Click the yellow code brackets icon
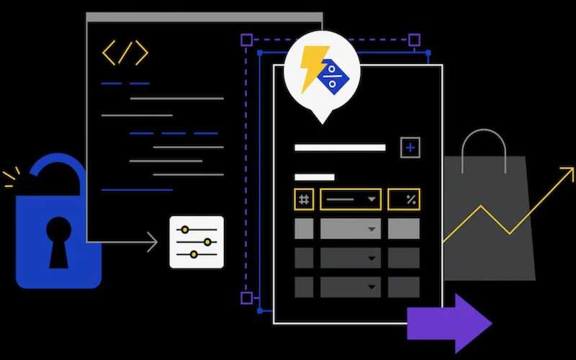[x=125, y=53]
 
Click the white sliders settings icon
[x=197, y=242]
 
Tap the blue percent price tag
[x=333, y=74]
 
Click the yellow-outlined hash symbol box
[x=304, y=199]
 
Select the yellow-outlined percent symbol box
[x=404, y=199]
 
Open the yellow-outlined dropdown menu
[x=351, y=199]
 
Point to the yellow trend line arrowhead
[x=568, y=172]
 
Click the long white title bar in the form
[x=340, y=148]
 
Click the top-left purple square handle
[x=246, y=40]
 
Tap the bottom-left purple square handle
[x=246, y=297]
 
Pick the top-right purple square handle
[x=414, y=40]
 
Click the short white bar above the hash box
[x=314, y=177]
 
